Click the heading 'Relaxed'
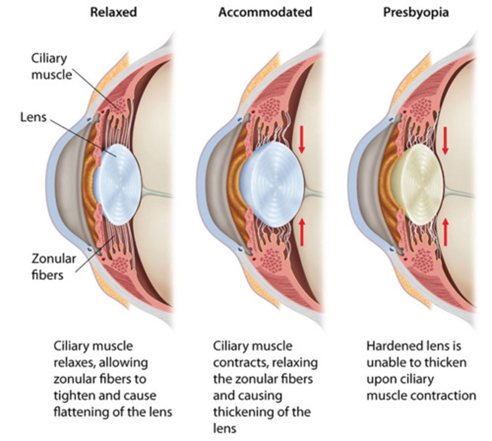[x=114, y=12]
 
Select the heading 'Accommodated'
[x=265, y=12]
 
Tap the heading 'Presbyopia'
[x=416, y=12]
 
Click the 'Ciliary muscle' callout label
[x=51, y=67]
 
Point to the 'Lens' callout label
[x=33, y=118]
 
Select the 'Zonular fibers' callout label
[x=54, y=266]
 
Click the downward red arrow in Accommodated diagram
[x=302, y=140]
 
